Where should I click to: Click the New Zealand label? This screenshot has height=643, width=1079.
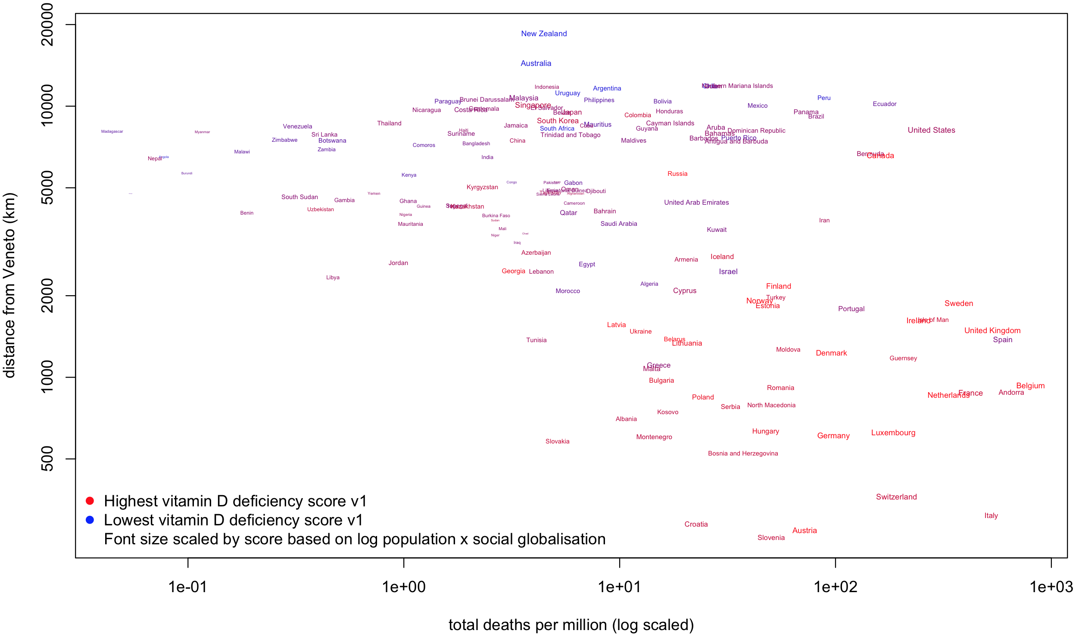(x=544, y=34)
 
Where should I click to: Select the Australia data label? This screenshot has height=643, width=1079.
(x=536, y=63)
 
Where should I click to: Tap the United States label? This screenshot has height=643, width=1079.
(x=931, y=130)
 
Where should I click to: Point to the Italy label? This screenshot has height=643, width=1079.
(x=991, y=515)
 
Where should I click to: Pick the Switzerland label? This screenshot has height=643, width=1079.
(x=896, y=497)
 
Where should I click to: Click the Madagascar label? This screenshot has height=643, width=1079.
(x=112, y=131)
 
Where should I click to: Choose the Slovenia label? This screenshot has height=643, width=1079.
(x=771, y=538)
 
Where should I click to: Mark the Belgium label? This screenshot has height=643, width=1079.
(x=1030, y=386)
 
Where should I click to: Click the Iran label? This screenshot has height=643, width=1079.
(x=824, y=221)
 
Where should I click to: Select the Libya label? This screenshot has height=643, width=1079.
(x=333, y=277)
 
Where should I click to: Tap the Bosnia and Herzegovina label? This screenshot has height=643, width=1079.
(x=743, y=454)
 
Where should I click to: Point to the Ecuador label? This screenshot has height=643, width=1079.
(x=885, y=104)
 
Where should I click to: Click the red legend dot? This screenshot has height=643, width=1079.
(x=90, y=501)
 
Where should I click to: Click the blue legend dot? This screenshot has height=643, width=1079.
(x=90, y=520)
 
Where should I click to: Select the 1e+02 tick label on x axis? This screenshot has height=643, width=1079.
(x=835, y=587)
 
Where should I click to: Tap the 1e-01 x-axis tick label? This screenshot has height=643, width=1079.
(x=187, y=587)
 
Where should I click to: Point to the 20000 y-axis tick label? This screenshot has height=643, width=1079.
(x=47, y=24)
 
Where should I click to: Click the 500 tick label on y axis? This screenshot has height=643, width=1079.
(x=47, y=459)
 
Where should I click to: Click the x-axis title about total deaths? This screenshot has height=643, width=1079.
(x=571, y=625)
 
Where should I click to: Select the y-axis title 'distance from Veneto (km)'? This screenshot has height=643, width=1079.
(x=9, y=286)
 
